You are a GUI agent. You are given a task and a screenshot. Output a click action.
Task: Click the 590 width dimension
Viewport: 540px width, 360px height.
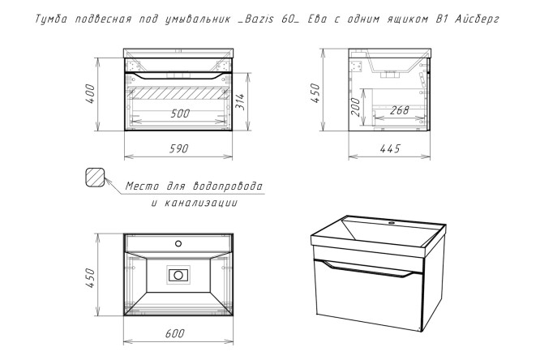click(x=179, y=148)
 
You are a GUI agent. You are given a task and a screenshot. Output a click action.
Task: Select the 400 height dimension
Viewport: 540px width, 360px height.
click(x=90, y=94)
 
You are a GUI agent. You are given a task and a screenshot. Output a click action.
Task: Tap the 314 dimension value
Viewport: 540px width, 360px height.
click(x=239, y=101)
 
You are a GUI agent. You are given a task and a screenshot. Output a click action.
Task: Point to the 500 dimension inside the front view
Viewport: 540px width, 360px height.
click(x=180, y=114)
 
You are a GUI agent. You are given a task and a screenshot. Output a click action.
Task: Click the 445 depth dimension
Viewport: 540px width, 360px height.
click(x=390, y=148)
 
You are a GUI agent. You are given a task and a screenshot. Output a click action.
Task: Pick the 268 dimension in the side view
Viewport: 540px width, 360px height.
click(x=400, y=110)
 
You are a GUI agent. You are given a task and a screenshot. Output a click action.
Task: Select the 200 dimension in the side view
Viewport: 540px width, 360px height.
click(x=354, y=107)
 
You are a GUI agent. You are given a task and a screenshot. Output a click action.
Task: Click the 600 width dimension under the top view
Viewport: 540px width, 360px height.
click(x=175, y=333)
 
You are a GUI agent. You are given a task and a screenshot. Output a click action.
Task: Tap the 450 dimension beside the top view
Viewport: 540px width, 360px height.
click(x=90, y=277)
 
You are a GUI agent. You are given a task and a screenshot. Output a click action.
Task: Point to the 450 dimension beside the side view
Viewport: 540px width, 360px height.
click(x=315, y=93)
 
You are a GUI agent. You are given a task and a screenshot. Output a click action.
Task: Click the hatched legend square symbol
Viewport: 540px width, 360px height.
click(x=95, y=178)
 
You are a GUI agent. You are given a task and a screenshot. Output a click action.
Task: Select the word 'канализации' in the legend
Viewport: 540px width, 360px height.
click(x=200, y=203)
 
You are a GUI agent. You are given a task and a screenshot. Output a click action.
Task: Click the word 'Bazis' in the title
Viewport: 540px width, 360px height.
click(x=255, y=19)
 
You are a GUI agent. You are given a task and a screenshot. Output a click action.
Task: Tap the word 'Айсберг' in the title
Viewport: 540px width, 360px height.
click(x=477, y=19)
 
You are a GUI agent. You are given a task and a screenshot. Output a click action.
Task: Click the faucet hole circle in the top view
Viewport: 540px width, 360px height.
click(x=178, y=243)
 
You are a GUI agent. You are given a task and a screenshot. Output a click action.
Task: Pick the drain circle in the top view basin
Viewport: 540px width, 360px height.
click(x=178, y=275)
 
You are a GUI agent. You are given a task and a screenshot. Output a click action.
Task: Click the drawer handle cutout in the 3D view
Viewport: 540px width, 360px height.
click(x=369, y=268)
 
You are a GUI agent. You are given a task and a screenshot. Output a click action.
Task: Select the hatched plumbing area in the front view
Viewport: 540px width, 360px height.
click(x=178, y=92)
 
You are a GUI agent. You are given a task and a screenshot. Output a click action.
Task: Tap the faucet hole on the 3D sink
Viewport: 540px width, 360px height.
click(x=392, y=223)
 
